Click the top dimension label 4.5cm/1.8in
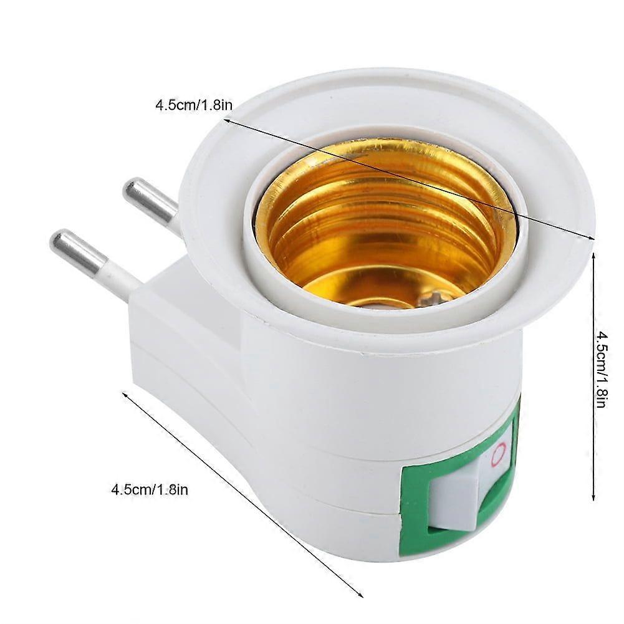[194, 105]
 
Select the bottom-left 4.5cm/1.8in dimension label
[150, 489]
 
